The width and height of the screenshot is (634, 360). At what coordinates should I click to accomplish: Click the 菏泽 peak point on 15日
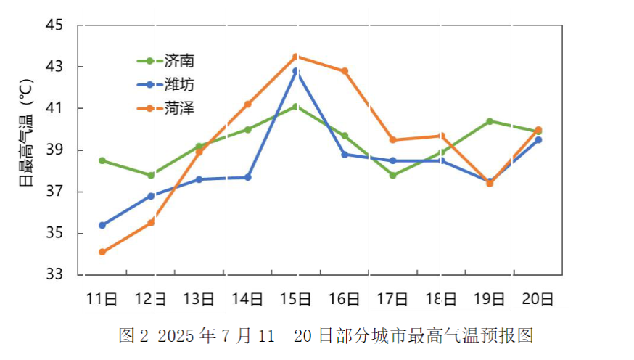[296, 57]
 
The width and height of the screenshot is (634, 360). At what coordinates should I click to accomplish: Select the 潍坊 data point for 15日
[296, 71]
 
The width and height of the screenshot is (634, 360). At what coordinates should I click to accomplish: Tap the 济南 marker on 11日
[102, 160]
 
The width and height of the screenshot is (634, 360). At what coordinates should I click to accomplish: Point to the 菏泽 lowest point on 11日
[102, 252]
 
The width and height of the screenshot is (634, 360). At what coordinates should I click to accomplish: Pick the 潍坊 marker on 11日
[102, 225]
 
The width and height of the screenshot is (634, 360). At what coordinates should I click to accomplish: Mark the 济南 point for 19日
[490, 121]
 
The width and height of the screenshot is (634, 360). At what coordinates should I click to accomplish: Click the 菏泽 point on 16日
[345, 71]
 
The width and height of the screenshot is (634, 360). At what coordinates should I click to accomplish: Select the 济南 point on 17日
[393, 175]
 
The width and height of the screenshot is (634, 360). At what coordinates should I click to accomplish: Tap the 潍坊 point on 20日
[538, 139]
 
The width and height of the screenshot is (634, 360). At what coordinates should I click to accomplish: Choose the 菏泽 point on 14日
[247, 104]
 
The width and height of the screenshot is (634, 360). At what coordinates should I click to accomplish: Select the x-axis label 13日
[199, 299]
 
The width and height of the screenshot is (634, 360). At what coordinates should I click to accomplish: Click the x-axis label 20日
[538, 299]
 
